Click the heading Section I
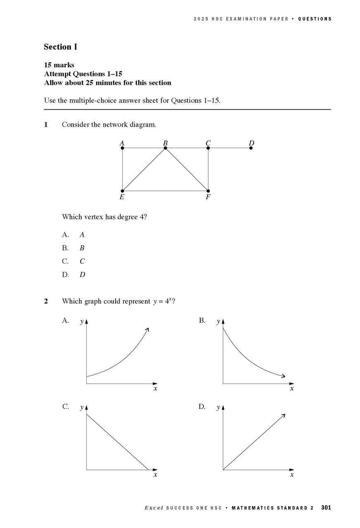pyautogui.click(x=60, y=47)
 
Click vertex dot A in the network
pyautogui.click(x=122, y=148)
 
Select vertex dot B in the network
pyautogui.click(x=165, y=148)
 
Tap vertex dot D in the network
pyautogui.click(x=251, y=148)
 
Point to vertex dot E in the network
pyautogui.click(x=122, y=191)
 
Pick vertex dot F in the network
pyautogui.click(x=208, y=191)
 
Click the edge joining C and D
pyautogui.click(x=230, y=148)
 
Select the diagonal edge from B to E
pyautogui.click(x=144, y=170)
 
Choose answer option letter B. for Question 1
pyautogui.click(x=65, y=248)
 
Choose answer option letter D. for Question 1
pyautogui.click(x=65, y=275)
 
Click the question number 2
pyautogui.click(x=46, y=302)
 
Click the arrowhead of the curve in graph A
pyautogui.click(x=148, y=329)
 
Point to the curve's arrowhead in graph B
pyautogui.click(x=283, y=376)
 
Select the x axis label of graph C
pyautogui.click(x=155, y=475)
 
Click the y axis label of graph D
pyautogui.click(x=218, y=408)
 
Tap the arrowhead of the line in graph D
pyautogui.click(x=284, y=415)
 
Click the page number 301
pyautogui.click(x=326, y=508)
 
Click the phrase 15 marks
pyautogui.click(x=59, y=65)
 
